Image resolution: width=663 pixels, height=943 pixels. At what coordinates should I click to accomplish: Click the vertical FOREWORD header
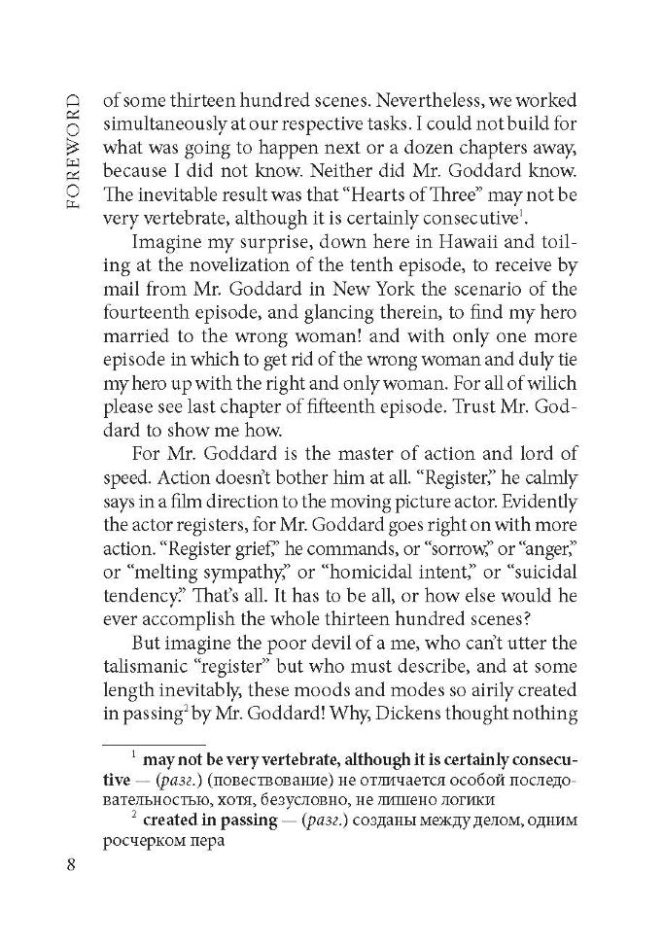(x=75, y=155)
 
